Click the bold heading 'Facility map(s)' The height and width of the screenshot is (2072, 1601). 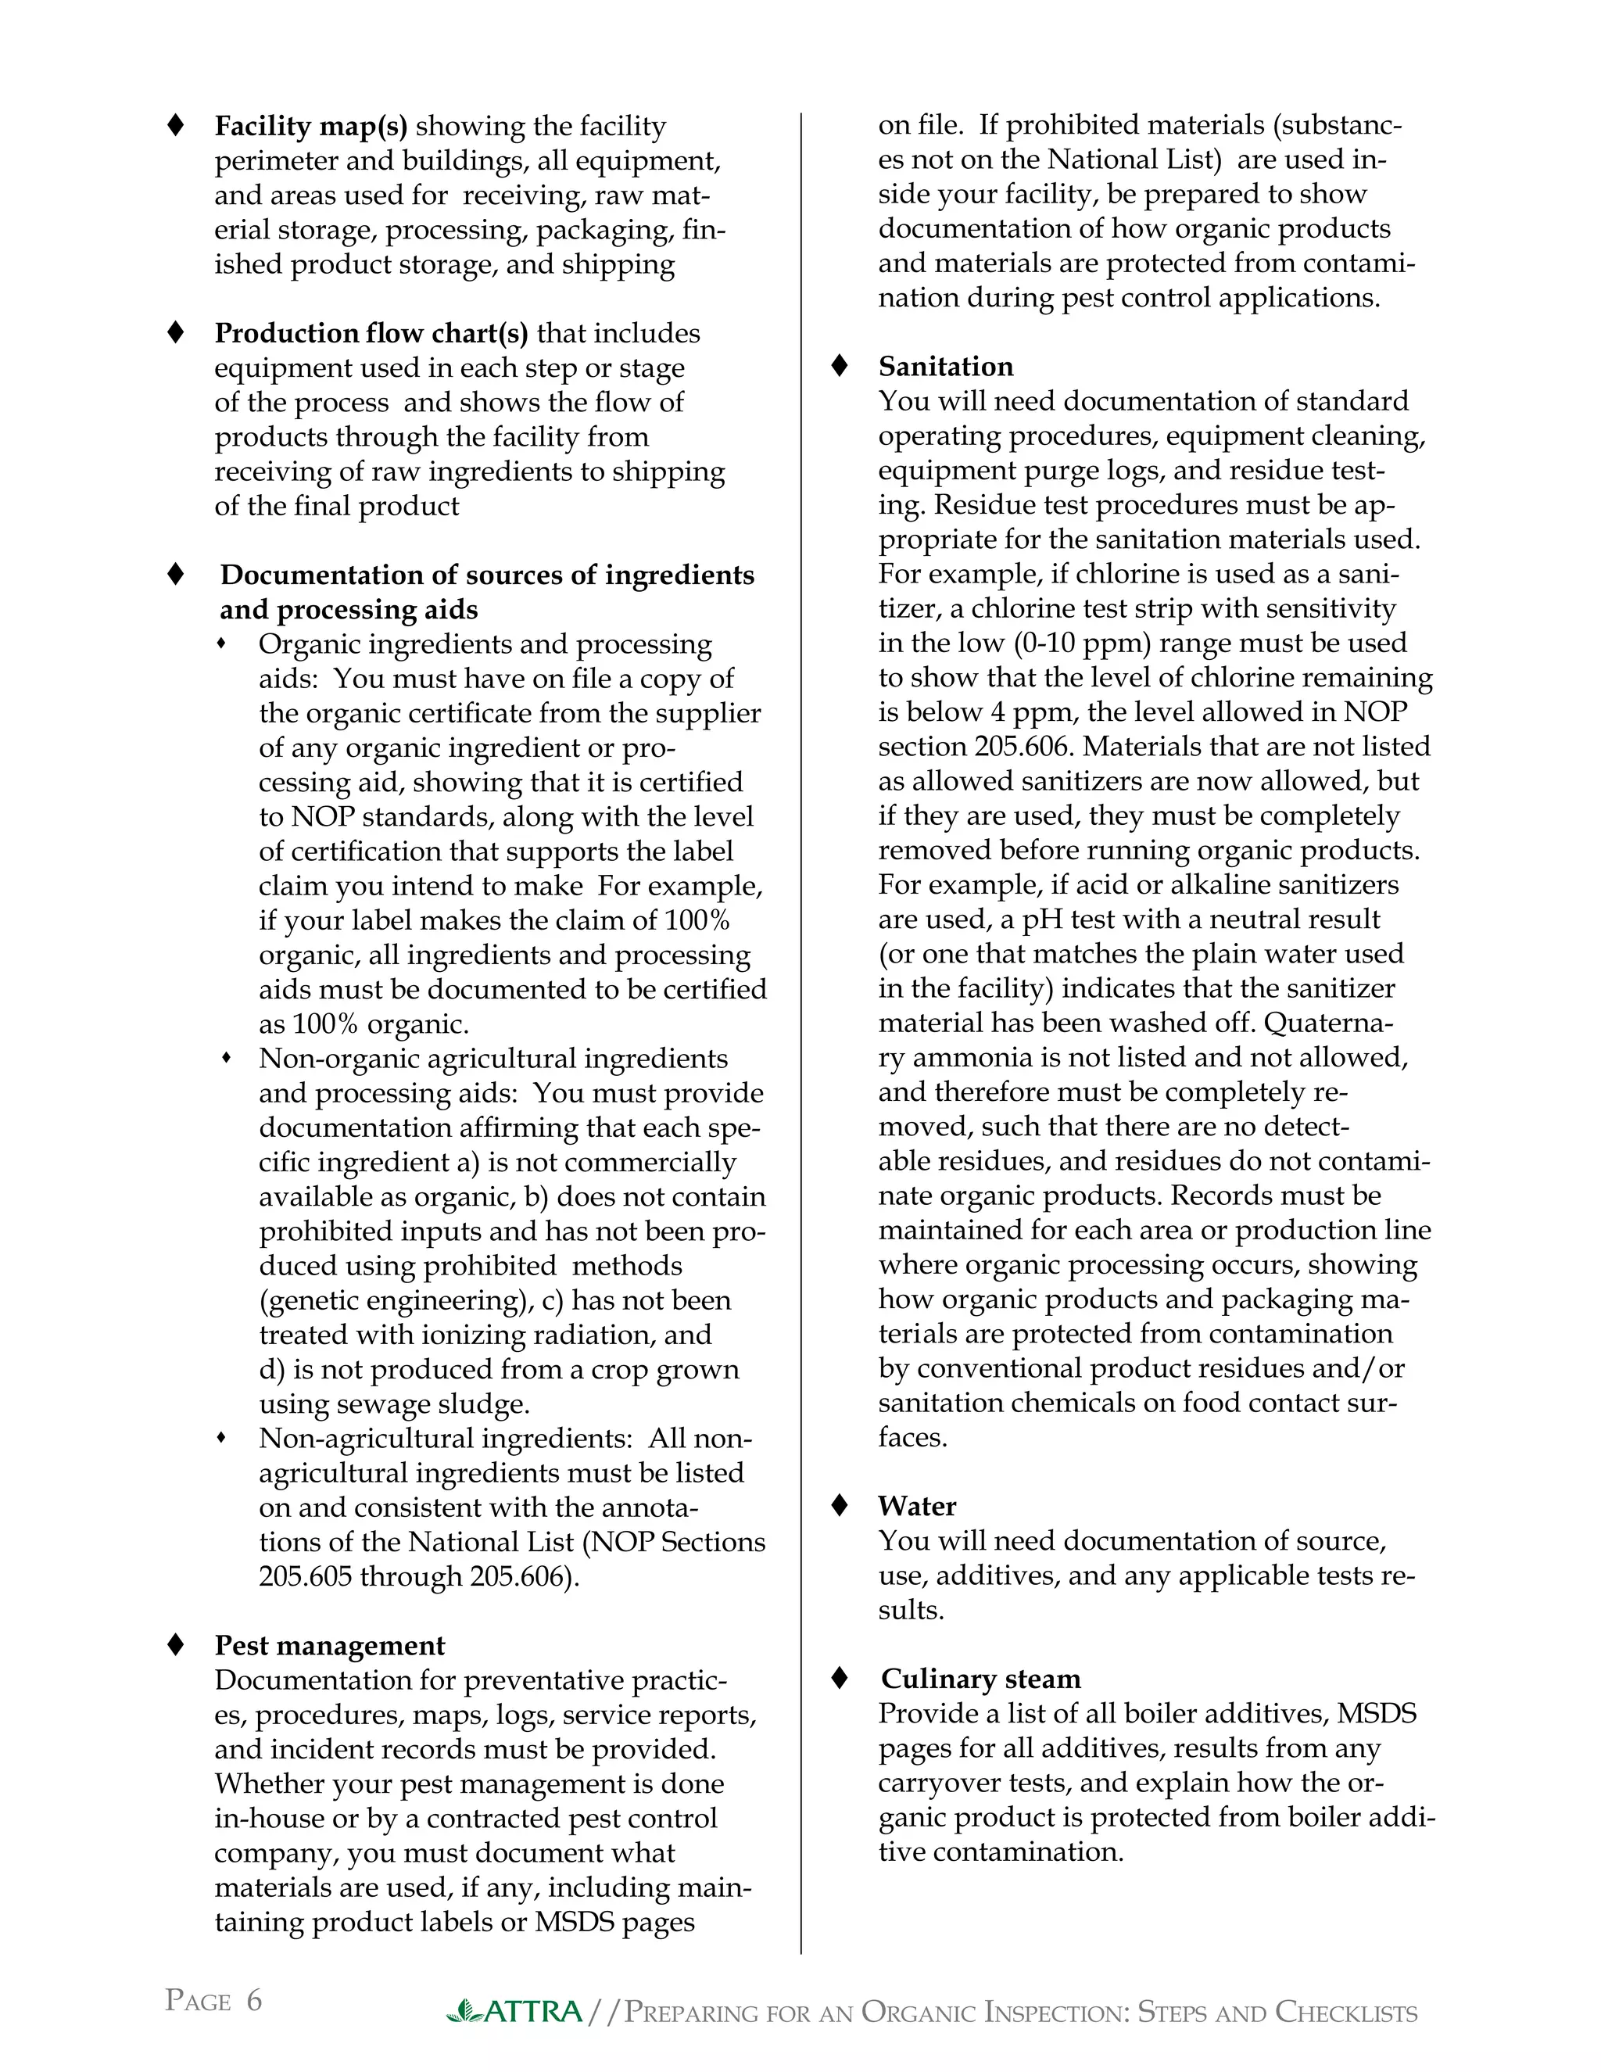[310, 126]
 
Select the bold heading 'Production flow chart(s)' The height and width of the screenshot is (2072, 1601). [371, 333]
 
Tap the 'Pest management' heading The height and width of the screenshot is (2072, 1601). [329, 1645]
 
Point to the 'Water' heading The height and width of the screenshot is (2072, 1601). [916, 1506]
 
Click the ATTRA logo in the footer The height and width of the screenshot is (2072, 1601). [515, 2011]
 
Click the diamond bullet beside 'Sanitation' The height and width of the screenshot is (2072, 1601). [840, 366]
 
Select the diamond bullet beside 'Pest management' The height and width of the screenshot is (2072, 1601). [175, 1645]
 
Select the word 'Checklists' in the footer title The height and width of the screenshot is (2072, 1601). [1346, 2013]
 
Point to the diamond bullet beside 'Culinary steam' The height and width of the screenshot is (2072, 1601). [840, 1678]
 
